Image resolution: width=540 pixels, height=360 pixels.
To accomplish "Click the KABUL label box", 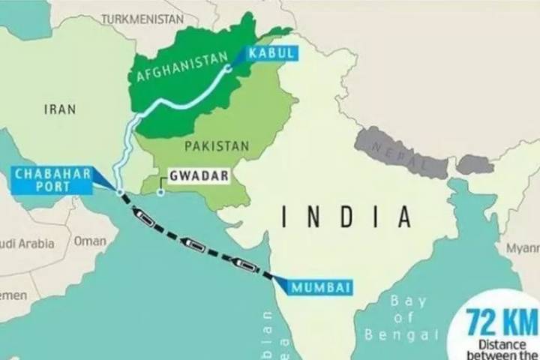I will tap(269, 52).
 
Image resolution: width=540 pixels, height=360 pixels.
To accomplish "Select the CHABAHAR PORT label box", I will tap(52, 179).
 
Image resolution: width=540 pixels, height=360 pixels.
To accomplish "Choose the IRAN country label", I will tap(60, 109).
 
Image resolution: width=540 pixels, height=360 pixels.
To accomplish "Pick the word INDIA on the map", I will tap(346, 217).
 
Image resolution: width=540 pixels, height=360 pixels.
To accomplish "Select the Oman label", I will tap(90, 241).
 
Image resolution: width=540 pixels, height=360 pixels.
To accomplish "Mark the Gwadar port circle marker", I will tap(160, 193).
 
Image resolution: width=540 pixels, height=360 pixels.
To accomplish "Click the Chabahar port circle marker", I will tap(120, 193).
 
